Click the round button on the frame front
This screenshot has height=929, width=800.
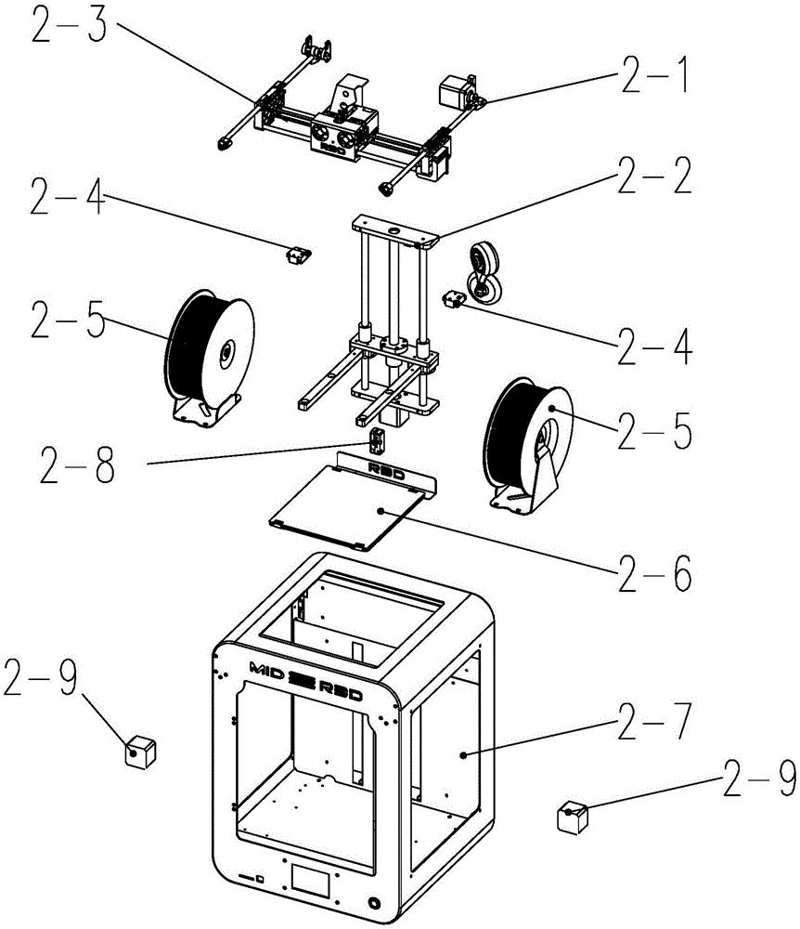[x=374, y=902]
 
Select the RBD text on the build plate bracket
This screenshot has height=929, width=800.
[x=382, y=467]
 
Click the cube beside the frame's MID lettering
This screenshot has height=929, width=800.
[x=139, y=750]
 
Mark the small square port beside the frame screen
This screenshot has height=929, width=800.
[x=261, y=877]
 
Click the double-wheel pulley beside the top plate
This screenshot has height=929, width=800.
[x=484, y=269]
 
